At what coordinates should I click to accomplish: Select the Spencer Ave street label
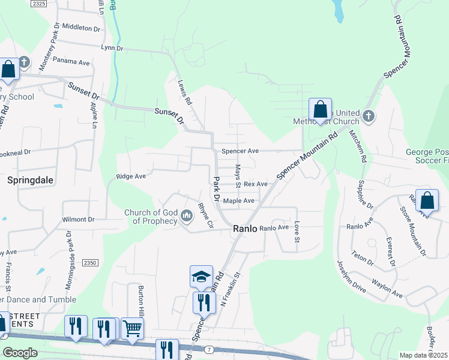click(240, 151)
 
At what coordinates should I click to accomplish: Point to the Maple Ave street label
click(239, 201)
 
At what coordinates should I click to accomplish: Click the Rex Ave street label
click(255, 184)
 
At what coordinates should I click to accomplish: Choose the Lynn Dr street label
click(112, 47)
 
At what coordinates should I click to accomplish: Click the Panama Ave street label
click(71, 62)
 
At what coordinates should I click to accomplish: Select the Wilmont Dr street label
click(78, 220)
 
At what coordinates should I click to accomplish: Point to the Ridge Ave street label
click(131, 176)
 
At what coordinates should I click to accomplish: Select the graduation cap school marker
click(202, 277)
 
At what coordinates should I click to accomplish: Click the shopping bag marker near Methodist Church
click(321, 110)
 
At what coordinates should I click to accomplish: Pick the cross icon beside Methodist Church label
click(369, 115)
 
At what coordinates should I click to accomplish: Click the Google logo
click(19, 353)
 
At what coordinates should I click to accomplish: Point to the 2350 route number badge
click(89, 263)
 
